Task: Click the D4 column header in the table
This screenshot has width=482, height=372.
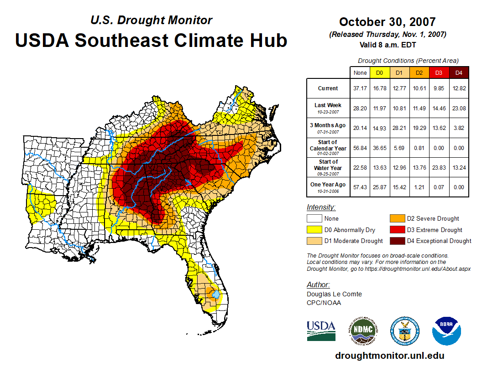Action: [459, 72]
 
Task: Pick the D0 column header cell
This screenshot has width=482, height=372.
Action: [379, 72]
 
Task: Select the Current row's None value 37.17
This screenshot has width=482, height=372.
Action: [360, 88]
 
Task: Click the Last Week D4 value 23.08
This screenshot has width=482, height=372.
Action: [459, 108]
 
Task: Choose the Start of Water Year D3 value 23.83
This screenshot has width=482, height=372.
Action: [439, 167]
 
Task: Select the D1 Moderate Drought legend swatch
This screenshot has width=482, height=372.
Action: [314, 241]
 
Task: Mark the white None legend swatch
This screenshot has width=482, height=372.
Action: [314, 219]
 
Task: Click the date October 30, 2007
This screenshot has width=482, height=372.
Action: [387, 22]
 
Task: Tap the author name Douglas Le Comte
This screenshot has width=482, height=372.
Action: [334, 294]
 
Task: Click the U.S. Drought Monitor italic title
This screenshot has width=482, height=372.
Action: [151, 20]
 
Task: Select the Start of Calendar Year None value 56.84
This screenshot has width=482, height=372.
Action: [360, 148]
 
